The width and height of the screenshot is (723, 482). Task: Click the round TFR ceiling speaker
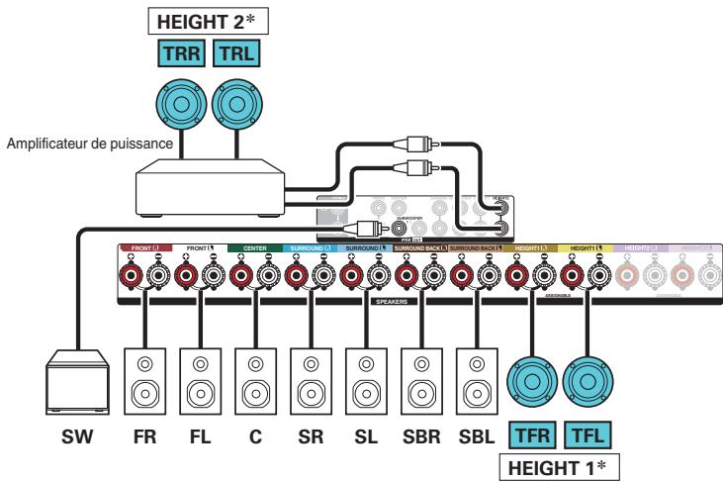pyautogui.click(x=532, y=381)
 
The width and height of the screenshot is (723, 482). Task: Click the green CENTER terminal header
pyautogui.click(x=255, y=247)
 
